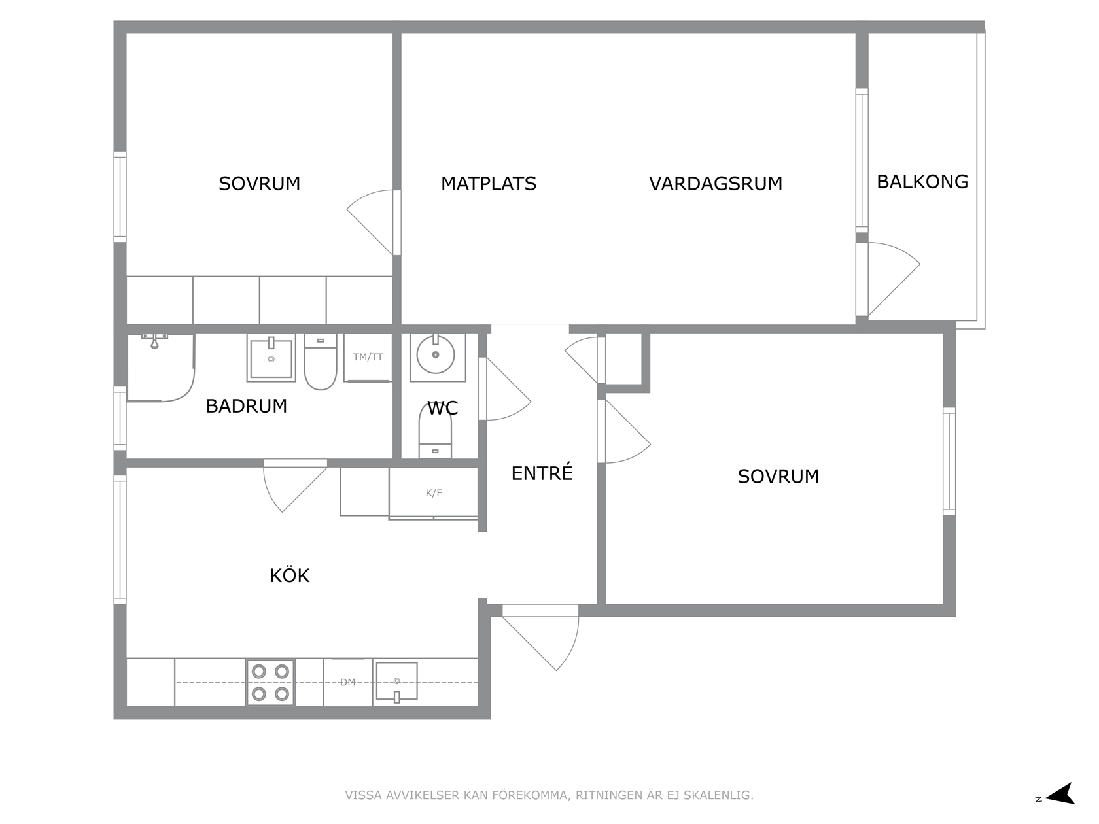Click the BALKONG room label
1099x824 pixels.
[922, 182]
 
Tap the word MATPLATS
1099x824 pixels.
[488, 184]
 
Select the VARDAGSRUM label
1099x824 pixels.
[716, 184]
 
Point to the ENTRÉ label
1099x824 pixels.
[542, 473]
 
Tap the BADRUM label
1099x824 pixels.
[247, 406]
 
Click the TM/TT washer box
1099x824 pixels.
[368, 357]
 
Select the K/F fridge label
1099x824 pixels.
[434, 493]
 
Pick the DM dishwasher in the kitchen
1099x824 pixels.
[347, 682]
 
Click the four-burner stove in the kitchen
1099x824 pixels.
[270, 682]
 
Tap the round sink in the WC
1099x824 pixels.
[436, 354]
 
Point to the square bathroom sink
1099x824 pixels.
[271, 358]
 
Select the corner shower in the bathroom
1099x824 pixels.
[161, 368]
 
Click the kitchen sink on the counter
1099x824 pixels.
[396, 682]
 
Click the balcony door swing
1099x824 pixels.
[894, 279]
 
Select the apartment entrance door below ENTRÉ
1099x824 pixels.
[541, 638]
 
